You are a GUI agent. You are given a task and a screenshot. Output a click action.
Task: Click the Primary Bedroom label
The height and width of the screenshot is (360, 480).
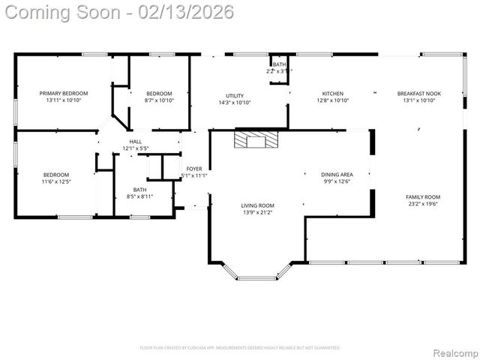coord(64,93)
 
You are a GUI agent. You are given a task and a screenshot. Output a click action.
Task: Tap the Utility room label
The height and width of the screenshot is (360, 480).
coord(235,95)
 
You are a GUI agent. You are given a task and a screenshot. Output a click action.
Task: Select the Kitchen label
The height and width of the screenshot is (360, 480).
coord(332,93)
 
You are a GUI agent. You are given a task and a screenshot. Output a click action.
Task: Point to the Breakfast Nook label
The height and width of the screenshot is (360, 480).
coord(419,93)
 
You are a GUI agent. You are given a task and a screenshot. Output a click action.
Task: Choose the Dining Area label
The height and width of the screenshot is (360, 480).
coord(337,174)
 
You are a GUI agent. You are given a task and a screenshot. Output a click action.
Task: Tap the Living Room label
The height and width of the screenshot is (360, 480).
coord(257,205)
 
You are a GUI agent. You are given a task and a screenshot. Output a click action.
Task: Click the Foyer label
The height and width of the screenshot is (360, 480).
coord(194,169)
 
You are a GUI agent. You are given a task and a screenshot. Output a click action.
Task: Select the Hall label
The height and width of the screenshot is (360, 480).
coord(136,141)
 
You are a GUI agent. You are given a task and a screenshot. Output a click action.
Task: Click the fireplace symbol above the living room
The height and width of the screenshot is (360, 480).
coord(256,140)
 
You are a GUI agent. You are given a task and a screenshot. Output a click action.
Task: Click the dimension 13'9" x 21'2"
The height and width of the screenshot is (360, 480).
coord(257,212)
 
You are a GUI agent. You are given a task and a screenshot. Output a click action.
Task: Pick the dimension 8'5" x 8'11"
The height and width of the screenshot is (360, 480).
coord(140,196)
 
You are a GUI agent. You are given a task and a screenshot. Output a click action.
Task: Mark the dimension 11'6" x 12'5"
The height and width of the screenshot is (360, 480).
coord(56,181)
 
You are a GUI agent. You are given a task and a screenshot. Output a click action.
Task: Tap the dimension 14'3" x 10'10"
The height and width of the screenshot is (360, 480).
coord(235,102)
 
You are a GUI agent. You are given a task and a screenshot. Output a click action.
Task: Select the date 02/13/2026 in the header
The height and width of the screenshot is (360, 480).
coord(181,12)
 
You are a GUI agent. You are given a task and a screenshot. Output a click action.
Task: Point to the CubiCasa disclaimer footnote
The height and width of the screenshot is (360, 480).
coord(240,348)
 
